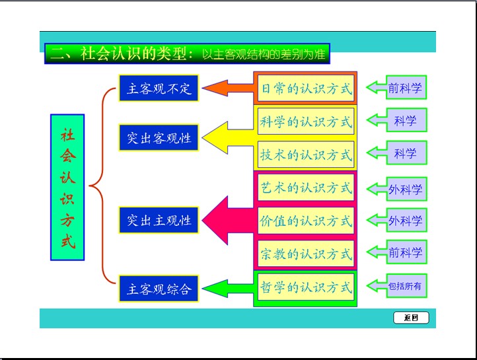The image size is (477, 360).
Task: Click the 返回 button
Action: click(x=411, y=318)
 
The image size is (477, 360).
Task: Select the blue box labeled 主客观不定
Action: click(x=159, y=88)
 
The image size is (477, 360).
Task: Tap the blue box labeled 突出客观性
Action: click(x=159, y=138)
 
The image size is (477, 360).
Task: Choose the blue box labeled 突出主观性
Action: click(x=159, y=220)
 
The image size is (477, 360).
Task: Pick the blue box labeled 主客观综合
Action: click(x=159, y=289)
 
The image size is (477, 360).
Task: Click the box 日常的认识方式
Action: click(x=306, y=88)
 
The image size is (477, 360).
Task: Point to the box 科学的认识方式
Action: click(x=306, y=122)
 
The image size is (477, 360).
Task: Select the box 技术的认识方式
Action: click(x=306, y=155)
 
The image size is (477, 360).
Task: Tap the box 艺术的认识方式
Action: click(x=306, y=188)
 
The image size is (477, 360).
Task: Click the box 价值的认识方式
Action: click(x=306, y=221)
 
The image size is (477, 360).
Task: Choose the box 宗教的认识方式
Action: click(x=306, y=254)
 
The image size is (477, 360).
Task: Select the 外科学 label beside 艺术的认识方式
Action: click(x=404, y=190)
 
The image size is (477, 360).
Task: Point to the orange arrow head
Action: click(x=212, y=88)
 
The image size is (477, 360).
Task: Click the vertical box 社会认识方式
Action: click(x=67, y=187)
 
